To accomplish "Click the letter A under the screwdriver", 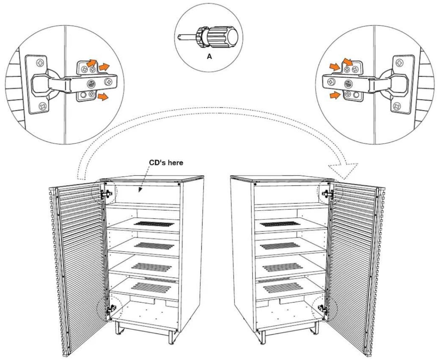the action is coord(209,56).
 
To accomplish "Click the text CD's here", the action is coord(166,163).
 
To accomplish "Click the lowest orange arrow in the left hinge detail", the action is coord(103,97).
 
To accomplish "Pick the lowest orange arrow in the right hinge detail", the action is coord(335,96).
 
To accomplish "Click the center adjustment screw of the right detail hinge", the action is coord(348,84).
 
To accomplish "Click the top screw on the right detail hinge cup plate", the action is coord(399,63).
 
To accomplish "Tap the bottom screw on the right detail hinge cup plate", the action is coord(397,107).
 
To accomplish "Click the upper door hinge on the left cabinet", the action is coord(107,194).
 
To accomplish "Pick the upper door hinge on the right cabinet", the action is coord(327,194).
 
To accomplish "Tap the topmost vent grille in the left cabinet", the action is coord(154,224).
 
